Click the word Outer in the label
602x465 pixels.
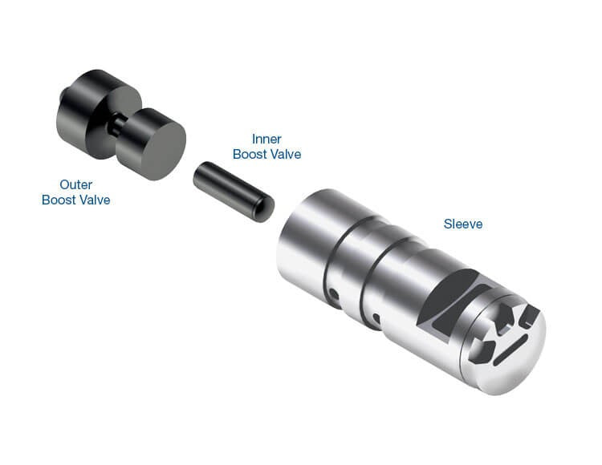point(76,184)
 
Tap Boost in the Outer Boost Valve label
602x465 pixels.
point(59,200)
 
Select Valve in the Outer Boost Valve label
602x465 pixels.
point(95,200)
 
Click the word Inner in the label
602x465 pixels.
point(266,139)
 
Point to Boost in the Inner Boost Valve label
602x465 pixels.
point(250,154)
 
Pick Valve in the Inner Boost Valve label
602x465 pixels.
point(285,154)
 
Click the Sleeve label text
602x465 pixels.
point(463,224)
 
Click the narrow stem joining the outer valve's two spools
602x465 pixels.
point(116,125)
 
